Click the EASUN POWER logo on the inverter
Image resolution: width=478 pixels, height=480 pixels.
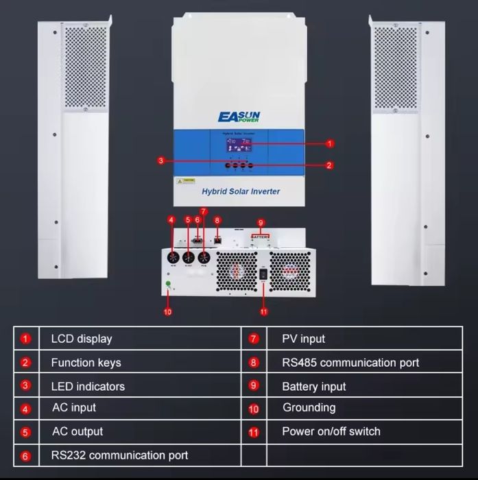pyautogui.click(x=239, y=117)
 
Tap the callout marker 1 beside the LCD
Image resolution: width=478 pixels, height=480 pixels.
pyautogui.click(x=330, y=143)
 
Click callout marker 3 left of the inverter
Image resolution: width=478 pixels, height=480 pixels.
pyautogui.click(x=160, y=160)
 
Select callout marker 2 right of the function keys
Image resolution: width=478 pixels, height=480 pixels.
pyautogui.click(x=330, y=165)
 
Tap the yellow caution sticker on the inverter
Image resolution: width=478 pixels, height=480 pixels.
pyautogui.click(x=186, y=182)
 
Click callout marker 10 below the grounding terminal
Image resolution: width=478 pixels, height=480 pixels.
pyautogui.click(x=168, y=312)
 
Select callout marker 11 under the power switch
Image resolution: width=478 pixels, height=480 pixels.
pyautogui.click(x=263, y=312)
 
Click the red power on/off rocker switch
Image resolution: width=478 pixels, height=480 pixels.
pyautogui.click(x=263, y=275)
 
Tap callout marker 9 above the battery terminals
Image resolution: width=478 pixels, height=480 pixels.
pyautogui.click(x=260, y=223)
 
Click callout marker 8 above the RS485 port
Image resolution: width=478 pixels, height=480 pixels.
pyautogui.click(x=217, y=220)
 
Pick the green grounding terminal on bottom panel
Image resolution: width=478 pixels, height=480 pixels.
pyautogui.click(x=168, y=284)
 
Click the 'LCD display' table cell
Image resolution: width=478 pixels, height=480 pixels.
pyautogui.click(x=82, y=339)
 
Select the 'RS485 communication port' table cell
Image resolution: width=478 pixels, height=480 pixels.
pyautogui.click(x=350, y=362)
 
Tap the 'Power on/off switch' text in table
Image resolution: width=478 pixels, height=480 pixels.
pyautogui.click(x=331, y=431)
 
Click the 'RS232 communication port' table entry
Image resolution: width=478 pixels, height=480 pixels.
pyautogui.click(x=119, y=455)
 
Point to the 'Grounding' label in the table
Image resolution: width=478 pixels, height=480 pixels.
pyautogui.click(x=309, y=407)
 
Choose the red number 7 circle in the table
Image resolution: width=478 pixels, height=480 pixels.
pyautogui.click(x=254, y=339)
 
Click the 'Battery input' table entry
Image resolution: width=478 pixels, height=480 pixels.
pyautogui.click(x=314, y=386)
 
